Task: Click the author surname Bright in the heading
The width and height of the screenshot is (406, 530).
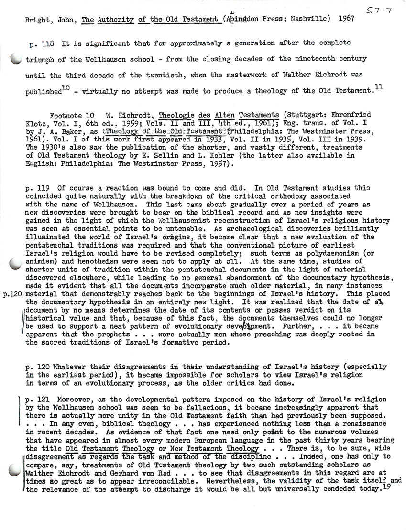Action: pos(34,21)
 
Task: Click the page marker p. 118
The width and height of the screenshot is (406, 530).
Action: pos(41,43)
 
